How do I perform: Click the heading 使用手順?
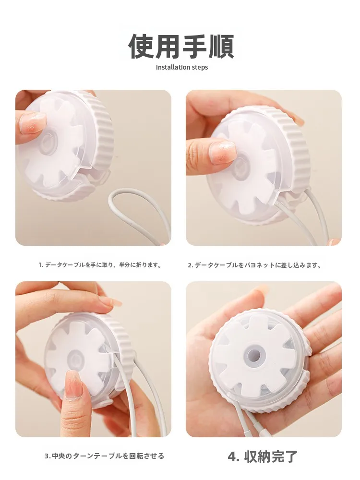point(181,47)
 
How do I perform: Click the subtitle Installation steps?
point(182,67)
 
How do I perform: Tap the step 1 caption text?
point(100,265)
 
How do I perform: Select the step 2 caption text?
point(254,265)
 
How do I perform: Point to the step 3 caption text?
point(104,456)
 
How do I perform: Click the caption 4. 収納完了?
point(263,456)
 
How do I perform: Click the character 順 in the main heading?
point(221,47)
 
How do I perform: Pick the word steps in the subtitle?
point(200,68)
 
